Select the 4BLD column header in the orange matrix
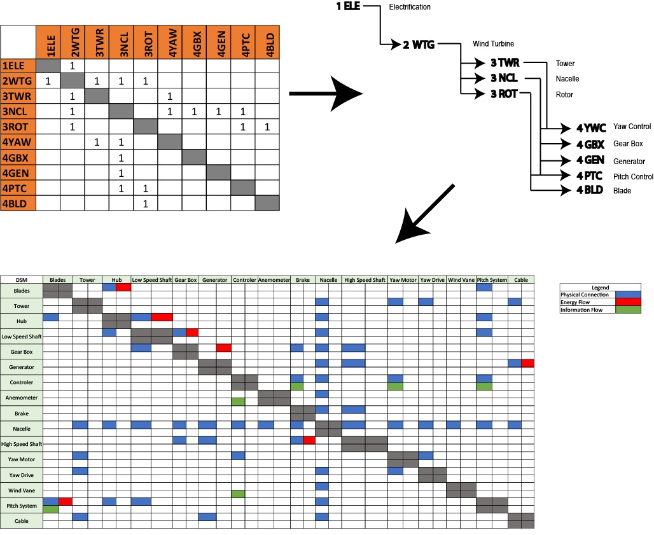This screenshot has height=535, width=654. click(x=267, y=43)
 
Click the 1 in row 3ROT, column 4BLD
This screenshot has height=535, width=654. click(x=267, y=127)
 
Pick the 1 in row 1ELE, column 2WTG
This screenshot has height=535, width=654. click(x=73, y=66)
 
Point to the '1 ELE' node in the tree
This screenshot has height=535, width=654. click(x=348, y=7)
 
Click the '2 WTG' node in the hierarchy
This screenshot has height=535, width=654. click(x=419, y=45)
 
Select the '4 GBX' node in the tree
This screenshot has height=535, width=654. click(x=590, y=144)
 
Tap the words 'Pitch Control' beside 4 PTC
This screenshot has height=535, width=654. click(x=633, y=176)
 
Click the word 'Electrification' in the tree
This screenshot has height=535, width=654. click(x=410, y=7)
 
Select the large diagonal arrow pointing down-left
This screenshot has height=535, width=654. click(x=425, y=214)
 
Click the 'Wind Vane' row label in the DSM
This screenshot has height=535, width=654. click(x=22, y=490)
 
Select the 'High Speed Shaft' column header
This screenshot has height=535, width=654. click(x=365, y=280)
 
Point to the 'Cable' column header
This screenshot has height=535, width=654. click(x=521, y=280)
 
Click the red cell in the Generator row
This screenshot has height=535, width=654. click(x=527, y=363)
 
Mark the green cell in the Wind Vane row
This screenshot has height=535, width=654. click(x=238, y=494)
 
